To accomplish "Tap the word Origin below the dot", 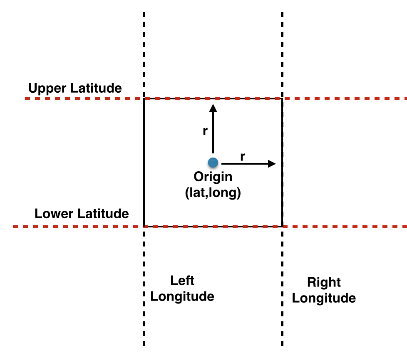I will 213,177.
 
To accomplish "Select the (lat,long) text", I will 213,193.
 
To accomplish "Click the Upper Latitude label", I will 75,88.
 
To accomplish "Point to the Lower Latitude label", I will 82,214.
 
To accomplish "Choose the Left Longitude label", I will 182,288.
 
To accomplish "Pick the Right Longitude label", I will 324,290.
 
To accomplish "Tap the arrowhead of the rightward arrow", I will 272,163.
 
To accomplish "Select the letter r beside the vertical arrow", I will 205,131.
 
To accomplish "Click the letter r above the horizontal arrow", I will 242,157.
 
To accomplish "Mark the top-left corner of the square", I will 144,99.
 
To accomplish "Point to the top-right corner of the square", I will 283,99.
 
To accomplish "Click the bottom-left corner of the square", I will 144,227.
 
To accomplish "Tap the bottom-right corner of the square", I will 283,227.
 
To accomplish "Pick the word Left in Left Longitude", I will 182,281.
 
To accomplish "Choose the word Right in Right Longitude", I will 324,283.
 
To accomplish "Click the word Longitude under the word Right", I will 324,298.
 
